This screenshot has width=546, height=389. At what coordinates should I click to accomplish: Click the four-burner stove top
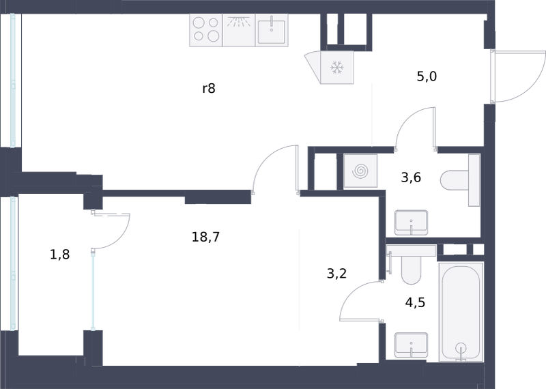206,30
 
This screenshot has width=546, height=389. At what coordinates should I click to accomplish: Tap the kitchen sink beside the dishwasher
272,30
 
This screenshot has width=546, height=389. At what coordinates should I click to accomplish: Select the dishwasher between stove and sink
239,30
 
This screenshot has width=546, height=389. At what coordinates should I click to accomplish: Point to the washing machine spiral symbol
360,171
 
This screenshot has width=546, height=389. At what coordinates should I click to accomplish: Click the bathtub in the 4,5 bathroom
461,312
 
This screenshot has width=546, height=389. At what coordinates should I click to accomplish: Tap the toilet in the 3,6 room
460,180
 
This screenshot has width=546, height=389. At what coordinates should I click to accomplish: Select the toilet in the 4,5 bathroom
412,264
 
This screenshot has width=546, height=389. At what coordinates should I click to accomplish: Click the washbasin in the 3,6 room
412,222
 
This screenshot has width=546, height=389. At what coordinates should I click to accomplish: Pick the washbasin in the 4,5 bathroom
412,345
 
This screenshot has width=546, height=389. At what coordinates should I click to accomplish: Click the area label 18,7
206,237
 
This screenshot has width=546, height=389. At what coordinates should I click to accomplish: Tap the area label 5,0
427,76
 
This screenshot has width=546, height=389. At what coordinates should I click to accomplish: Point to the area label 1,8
60,255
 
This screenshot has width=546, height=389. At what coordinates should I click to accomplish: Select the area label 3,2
336,274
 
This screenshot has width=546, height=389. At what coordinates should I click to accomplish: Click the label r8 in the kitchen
209,89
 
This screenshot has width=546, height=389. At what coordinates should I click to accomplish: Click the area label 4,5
416,302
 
